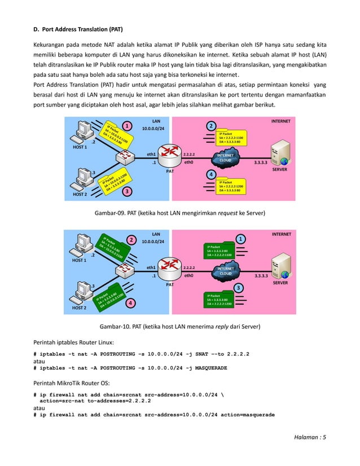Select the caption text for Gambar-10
click(x=180, y=326)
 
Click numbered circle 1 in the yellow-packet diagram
click(x=128, y=125)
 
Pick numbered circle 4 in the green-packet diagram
click(x=130, y=302)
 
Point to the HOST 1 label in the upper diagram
click(x=80, y=147)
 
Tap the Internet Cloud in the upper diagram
click(x=226, y=158)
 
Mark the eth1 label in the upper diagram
click(x=151, y=153)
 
